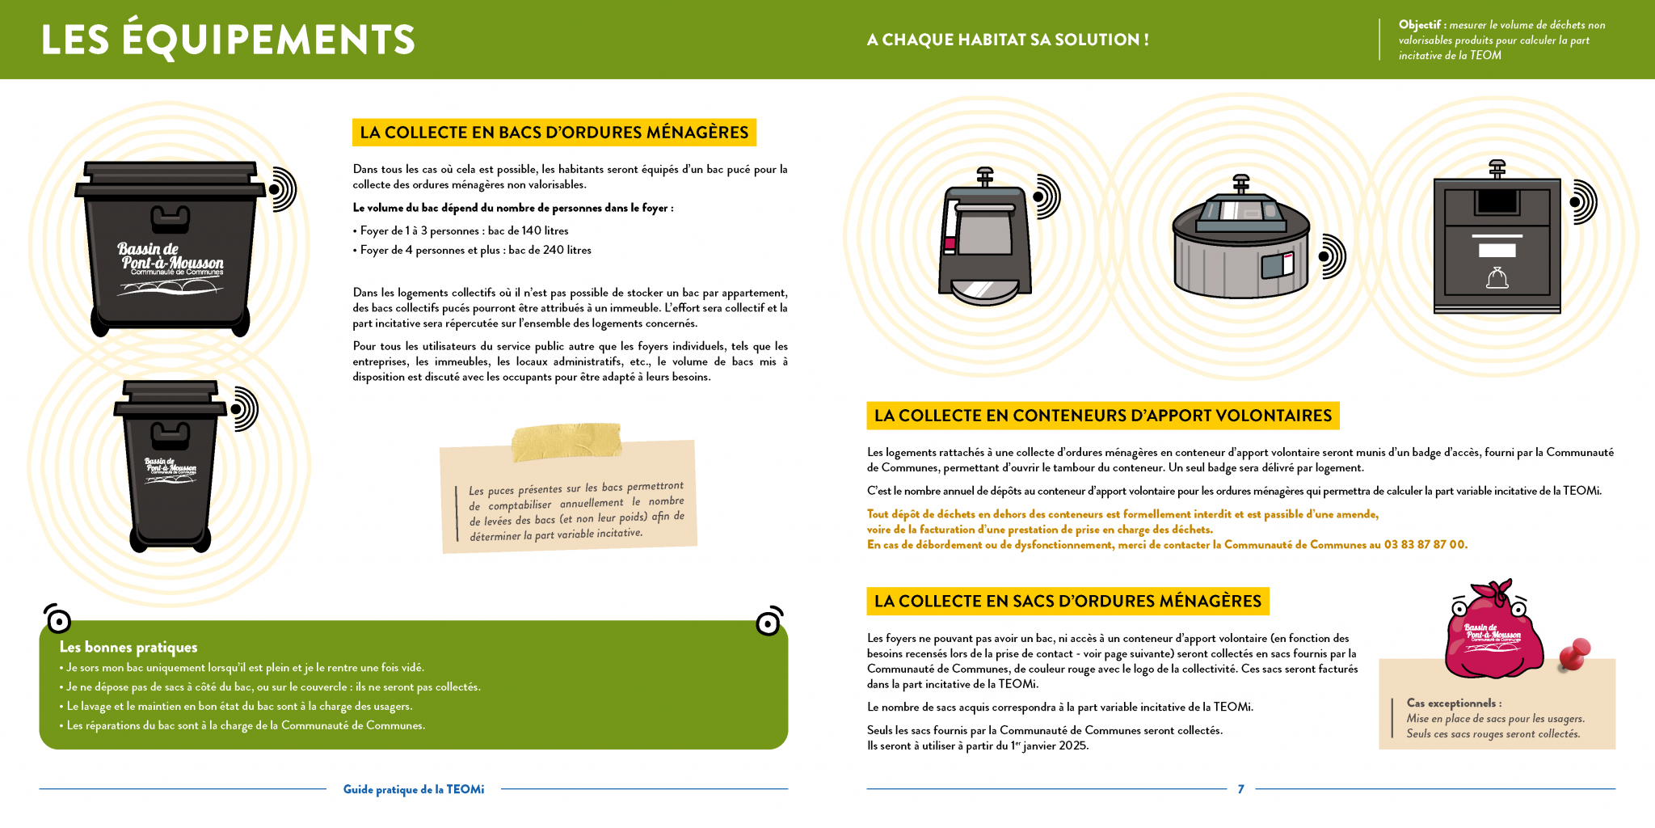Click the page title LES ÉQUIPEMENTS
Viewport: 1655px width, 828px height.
click(x=228, y=40)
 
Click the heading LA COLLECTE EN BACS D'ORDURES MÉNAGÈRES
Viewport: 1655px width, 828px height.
click(x=554, y=133)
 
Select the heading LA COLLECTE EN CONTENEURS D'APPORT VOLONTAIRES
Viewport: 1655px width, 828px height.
click(x=1102, y=416)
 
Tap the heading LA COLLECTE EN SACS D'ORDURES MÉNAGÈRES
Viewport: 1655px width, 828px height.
click(x=1067, y=602)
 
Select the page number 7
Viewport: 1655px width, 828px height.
click(x=1240, y=789)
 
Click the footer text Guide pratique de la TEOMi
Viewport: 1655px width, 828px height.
click(x=414, y=789)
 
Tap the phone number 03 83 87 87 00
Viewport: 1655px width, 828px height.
click(x=1425, y=545)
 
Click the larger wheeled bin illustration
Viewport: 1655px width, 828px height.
click(x=170, y=247)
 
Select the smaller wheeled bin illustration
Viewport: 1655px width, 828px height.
click(x=170, y=465)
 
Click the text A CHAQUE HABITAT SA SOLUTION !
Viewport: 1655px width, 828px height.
click(x=1008, y=40)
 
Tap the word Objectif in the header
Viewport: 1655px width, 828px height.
click(x=1419, y=25)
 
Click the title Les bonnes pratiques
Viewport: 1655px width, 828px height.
click(x=128, y=647)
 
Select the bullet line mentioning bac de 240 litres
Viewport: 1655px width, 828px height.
click(x=475, y=251)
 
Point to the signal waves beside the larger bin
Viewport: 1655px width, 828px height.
click(x=283, y=190)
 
